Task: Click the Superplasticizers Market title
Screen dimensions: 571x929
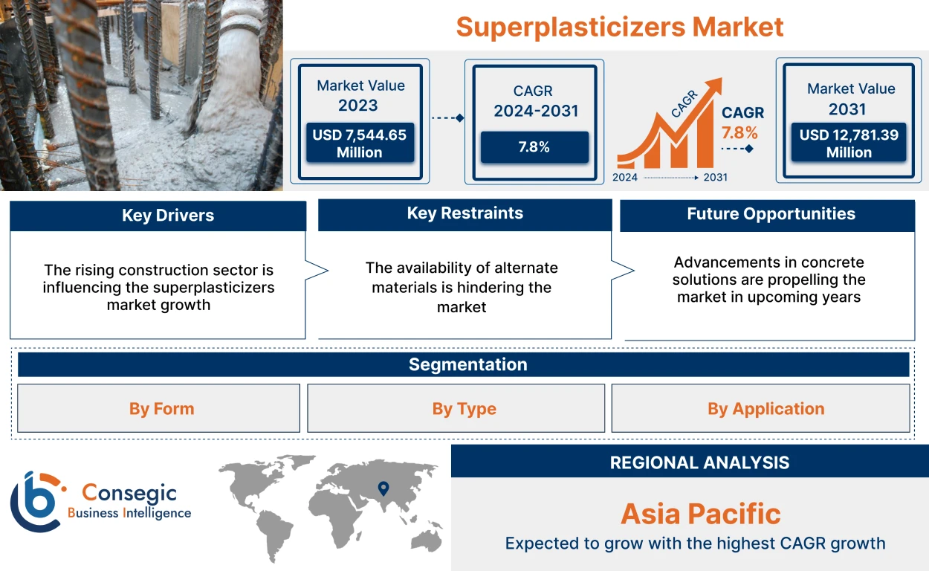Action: click(619, 28)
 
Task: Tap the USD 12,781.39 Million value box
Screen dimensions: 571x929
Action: click(849, 143)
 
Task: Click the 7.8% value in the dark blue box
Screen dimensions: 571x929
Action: click(534, 147)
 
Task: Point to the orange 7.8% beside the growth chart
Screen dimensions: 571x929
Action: click(739, 133)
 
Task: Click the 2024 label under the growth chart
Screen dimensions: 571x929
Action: click(626, 178)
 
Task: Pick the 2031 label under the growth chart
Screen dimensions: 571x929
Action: click(714, 178)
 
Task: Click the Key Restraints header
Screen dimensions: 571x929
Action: click(464, 213)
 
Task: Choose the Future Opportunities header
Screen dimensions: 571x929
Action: click(771, 214)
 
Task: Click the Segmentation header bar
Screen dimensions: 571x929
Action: click(467, 364)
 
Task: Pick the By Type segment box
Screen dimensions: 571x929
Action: click(464, 408)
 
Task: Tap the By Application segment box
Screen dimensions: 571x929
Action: click(765, 408)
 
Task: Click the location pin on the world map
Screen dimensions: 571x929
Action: click(383, 488)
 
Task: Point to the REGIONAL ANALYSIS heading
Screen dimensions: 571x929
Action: click(699, 462)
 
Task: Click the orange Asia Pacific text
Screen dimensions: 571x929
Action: click(700, 514)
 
